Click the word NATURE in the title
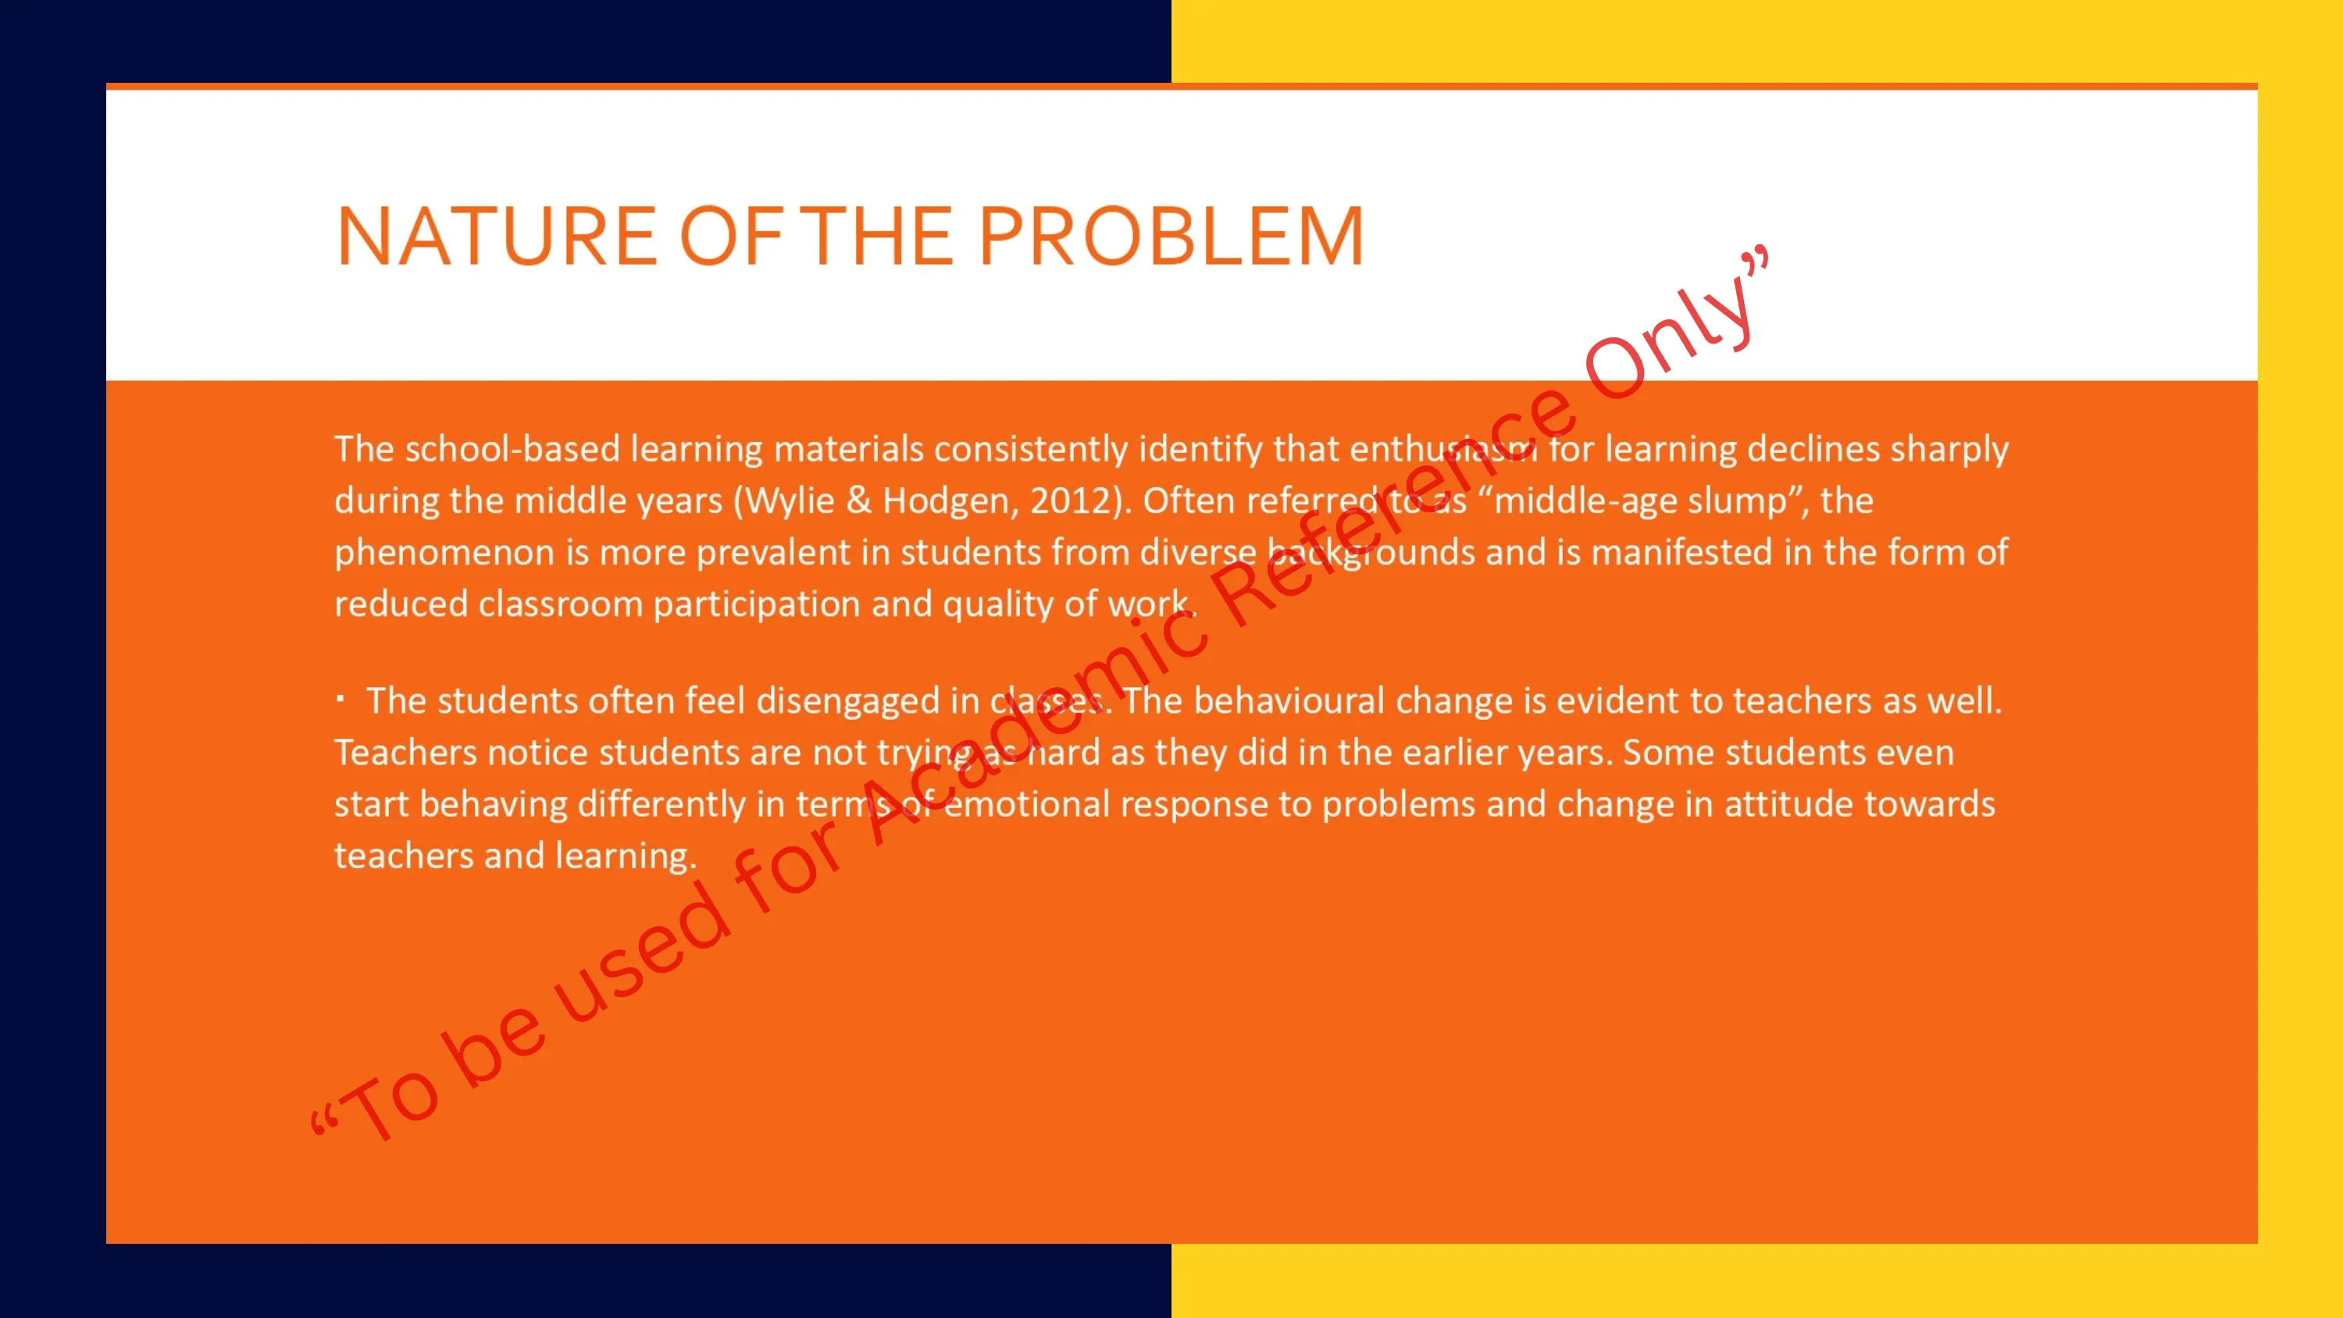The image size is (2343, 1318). [497, 237]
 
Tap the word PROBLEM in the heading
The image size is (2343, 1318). [1171, 237]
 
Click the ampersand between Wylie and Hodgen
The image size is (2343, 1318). [858, 501]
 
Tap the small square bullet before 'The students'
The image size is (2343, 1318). [341, 700]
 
